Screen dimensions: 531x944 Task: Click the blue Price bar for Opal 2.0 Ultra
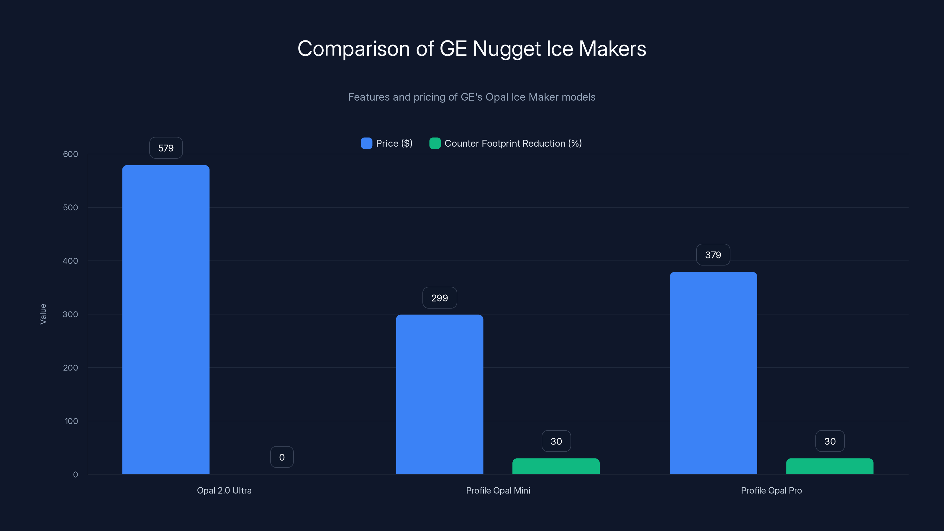coord(165,319)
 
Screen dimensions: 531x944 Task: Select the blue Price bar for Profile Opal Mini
coord(439,394)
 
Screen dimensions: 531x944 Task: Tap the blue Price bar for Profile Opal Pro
coord(713,373)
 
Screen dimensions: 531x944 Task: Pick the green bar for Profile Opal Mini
coord(556,466)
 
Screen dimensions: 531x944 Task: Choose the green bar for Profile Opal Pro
coord(830,466)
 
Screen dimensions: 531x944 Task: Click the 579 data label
coord(165,148)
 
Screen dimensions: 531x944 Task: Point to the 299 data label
coord(439,298)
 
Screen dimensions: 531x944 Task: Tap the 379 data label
coord(713,255)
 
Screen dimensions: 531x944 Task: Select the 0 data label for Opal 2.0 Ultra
coord(282,457)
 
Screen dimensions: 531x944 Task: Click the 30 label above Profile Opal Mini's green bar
coord(556,441)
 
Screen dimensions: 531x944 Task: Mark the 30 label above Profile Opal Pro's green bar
coord(830,441)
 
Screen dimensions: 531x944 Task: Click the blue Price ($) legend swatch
coord(366,143)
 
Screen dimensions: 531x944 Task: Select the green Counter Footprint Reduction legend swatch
coord(435,143)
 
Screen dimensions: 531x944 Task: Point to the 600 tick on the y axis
coord(71,154)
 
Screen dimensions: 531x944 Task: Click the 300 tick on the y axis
coord(71,314)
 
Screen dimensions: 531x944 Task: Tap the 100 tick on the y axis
coord(71,421)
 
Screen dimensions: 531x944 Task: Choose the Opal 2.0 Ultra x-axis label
coord(224,490)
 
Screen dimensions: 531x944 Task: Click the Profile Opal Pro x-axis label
coord(771,490)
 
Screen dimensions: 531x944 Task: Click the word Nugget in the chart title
coord(507,49)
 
